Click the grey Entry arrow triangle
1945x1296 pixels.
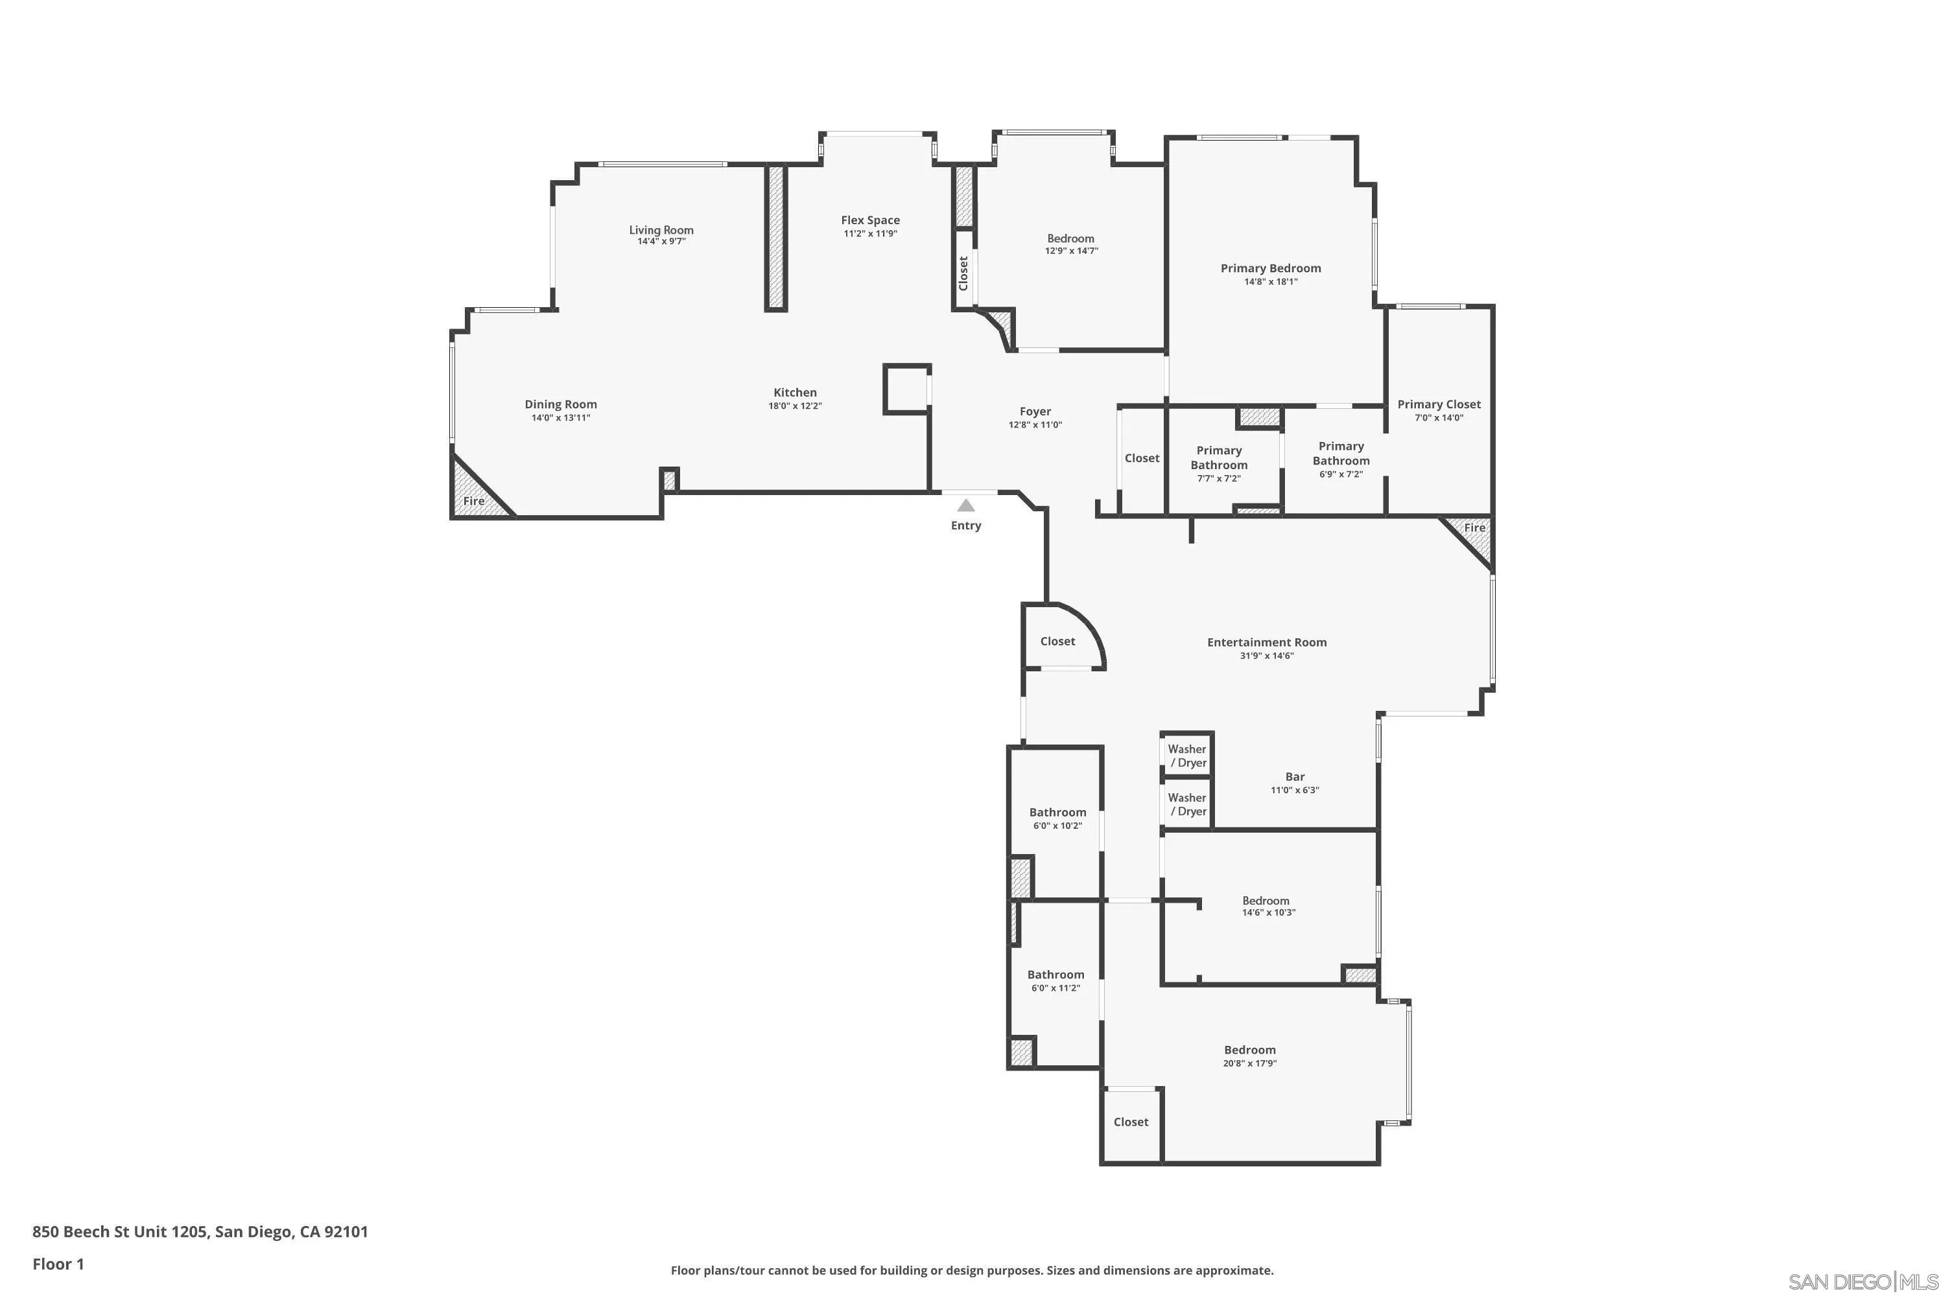(965, 505)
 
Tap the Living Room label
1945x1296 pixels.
(661, 230)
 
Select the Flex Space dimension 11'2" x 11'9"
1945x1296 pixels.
(870, 234)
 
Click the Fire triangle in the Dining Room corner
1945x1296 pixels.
(474, 494)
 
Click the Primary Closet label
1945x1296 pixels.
(1438, 404)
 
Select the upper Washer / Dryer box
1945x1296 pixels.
(1186, 756)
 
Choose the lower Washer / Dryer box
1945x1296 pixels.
(1186, 804)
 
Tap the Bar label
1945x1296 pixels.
(1294, 776)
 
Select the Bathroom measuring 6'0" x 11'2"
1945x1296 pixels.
(1055, 980)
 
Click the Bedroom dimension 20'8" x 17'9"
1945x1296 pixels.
(1249, 1064)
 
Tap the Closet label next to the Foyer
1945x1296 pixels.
(1141, 458)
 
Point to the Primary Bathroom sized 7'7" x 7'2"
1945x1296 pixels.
(1218, 463)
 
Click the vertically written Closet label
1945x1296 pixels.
(963, 273)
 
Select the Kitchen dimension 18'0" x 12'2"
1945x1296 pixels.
(795, 406)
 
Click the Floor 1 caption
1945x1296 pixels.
(58, 1264)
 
